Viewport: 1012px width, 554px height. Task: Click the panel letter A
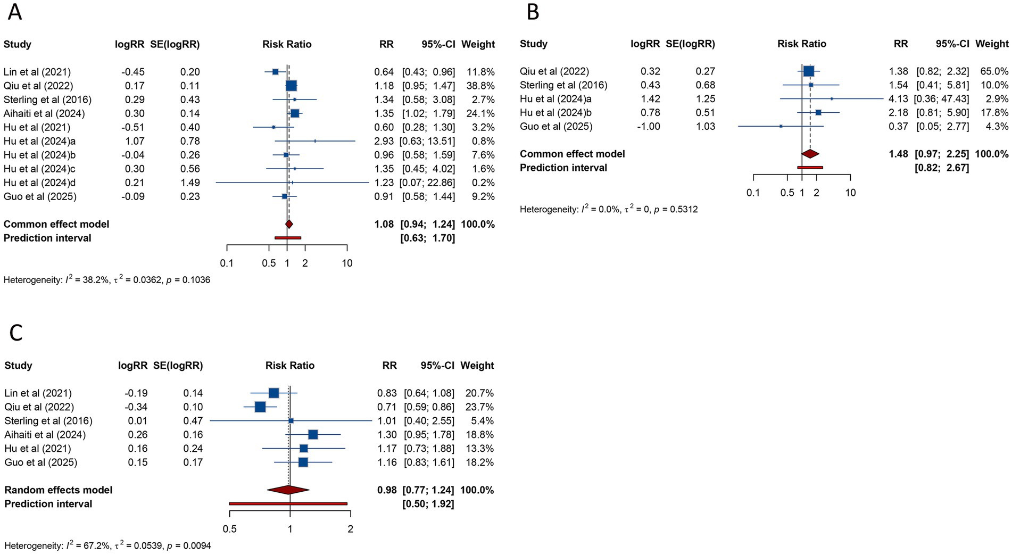coord(15,12)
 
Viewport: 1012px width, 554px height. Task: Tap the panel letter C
coord(16,333)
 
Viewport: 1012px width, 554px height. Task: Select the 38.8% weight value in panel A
coord(480,86)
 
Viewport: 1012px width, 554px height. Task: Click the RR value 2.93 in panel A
coord(384,141)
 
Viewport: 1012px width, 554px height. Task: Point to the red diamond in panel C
coord(288,490)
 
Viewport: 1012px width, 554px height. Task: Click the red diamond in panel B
coord(810,154)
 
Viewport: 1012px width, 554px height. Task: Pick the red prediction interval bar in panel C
coord(288,503)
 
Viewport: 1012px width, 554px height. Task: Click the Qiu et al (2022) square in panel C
coord(260,407)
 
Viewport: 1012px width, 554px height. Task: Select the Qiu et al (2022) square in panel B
coord(809,71)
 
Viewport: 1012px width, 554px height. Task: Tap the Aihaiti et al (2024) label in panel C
coord(45,435)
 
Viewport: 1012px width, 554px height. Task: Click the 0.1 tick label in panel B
coord(753,193)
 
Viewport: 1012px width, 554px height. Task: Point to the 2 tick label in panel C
coord(350,530)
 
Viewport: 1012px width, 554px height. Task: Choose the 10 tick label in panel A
coord(347,263)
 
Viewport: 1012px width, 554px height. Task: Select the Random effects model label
coord(59,490)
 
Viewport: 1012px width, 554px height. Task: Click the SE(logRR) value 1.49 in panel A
coord(190,183)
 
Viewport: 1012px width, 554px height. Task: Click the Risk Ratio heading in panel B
coord(802,44)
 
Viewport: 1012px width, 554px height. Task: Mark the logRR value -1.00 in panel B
coord(649,127)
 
